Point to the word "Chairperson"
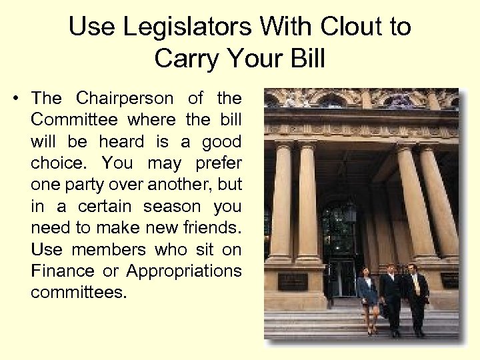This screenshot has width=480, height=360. coord(129,99)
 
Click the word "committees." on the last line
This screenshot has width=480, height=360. coord(78,293)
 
